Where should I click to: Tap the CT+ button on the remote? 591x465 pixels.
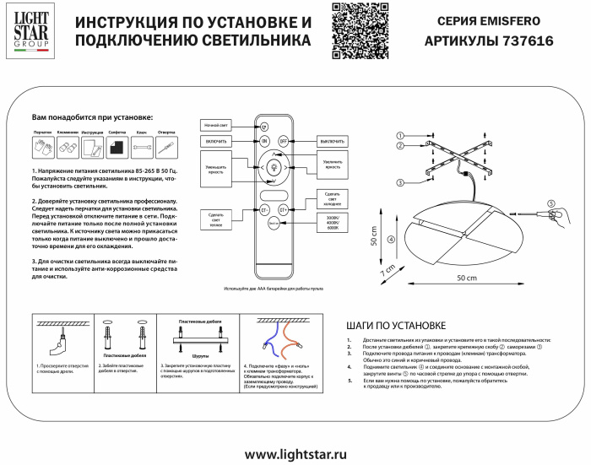point(284,208)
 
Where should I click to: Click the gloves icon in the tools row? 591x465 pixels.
point(42,147)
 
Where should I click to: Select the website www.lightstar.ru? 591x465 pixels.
point(295,454)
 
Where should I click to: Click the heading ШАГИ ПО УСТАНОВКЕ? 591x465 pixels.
point(396,325)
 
